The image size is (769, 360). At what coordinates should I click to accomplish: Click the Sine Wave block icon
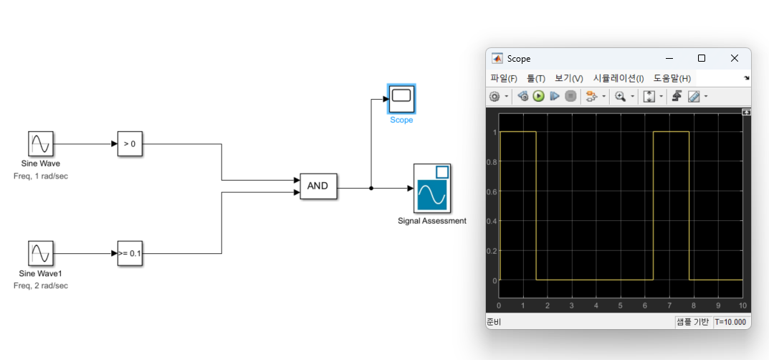(x=41, y=144)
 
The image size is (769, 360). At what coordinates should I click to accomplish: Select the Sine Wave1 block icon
(x=41, y=254)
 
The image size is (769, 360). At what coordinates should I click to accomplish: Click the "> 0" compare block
(x=130, y=144)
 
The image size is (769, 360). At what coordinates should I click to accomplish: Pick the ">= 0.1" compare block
(x=130, y=254)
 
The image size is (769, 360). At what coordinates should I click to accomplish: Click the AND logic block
(x=317, y=186)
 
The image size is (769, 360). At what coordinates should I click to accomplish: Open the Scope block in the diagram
(x=401, y=98)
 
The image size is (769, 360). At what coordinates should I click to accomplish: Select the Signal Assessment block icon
(x=432, y=188)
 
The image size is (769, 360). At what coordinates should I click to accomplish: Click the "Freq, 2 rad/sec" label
(x=41, y=285)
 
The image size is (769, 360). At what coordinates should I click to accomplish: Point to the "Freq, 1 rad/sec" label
(x=41, y=176)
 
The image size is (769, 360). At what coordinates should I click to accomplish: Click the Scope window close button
(x=734, y=58)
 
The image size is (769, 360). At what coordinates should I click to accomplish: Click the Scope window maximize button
(x=702, y=58)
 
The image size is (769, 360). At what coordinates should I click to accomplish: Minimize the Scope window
(x=669, y=58)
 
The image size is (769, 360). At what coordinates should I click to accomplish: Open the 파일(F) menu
(x=504, y=78)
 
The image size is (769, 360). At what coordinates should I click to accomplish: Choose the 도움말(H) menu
(x=672, y=78)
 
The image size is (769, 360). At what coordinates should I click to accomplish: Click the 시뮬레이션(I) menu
(x=618, y=78)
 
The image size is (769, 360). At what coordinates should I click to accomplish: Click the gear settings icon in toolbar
(x=495, y=96)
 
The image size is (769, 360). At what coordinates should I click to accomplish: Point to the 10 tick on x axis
(x=742, y=306)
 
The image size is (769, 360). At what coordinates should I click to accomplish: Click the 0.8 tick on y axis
(x=492, y=162)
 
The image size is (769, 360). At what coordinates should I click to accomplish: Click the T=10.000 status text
(x=731, y=322)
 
